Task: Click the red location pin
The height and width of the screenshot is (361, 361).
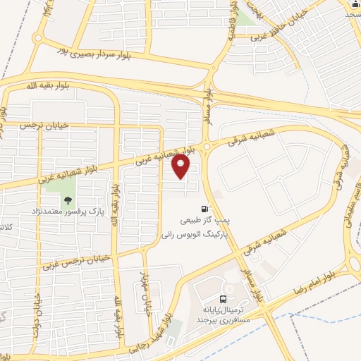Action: pos(181,166)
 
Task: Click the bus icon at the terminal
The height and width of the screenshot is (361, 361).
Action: pos(224,298)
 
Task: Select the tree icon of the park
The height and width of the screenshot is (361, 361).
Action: pos(68,200)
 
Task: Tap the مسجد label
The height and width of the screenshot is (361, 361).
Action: pos(351,13)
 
